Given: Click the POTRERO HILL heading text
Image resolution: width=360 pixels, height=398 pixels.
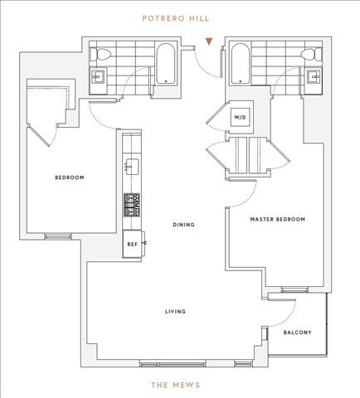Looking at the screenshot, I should click(x=180, y=15).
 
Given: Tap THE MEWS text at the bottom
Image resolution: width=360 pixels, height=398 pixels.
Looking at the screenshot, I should click(x=180, y=385).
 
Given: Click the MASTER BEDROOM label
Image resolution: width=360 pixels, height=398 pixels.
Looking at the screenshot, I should click(x=277, y=220).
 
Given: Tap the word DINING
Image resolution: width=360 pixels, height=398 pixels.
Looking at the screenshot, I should click(x=183, y=224).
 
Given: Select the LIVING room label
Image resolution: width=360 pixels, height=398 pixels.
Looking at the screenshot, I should click(x=174, y=312).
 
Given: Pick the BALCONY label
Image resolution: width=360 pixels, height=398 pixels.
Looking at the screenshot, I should click(x=297, y=333).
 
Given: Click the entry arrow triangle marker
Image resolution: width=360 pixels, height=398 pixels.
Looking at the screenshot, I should click(x=212, y=41).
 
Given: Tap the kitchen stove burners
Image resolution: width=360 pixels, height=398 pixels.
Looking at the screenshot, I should click(x=130, y=201).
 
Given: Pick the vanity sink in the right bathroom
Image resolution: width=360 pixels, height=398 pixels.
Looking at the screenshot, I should click(x=315, y=79).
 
